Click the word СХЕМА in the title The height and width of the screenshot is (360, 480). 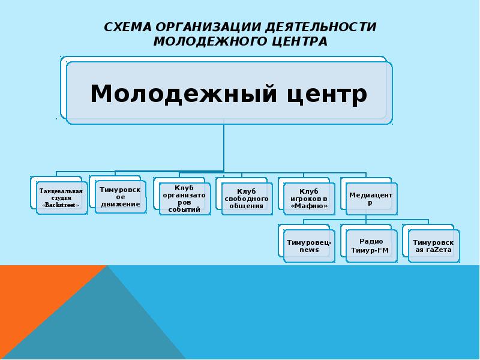[x=128, y=28]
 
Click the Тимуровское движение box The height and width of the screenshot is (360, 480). [x=120, y=196]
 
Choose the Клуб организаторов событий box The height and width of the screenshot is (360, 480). [x=184, y=198]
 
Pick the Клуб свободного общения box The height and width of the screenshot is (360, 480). [x=247, y=198]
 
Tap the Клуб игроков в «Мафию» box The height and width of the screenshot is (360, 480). [x=309, y=198]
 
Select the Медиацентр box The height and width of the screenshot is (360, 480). [x=370, y=198]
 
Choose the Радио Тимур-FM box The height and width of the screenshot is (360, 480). [x=371, y=245]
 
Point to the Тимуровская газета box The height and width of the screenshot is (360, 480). [x=433, y=245]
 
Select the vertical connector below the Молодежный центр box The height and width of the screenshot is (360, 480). [x=224, y=147]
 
